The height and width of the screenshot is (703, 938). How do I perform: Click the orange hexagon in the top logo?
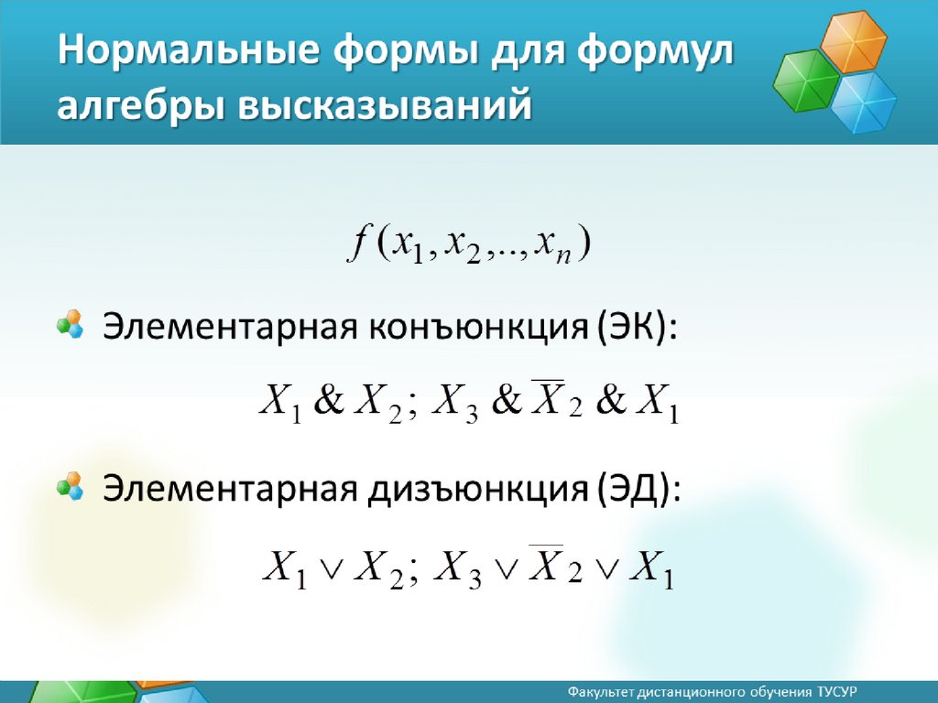(x=853, y=41)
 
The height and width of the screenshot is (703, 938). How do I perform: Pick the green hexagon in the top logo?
(x=806, y=81)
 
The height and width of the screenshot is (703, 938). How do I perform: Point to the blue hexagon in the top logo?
(x=863, y=102)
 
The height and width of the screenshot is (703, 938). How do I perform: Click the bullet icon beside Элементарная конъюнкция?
(x=70, y=324)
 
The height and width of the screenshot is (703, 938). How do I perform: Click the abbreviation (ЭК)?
(x=636, y=327)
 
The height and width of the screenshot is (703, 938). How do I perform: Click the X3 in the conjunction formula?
(x=454, y=403)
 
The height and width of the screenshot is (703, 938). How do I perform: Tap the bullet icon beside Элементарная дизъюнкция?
(x=70, y=486)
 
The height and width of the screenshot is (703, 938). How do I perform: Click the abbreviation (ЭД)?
(x=638, y=489)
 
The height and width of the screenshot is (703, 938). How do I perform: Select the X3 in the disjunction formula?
(x=458, y=568)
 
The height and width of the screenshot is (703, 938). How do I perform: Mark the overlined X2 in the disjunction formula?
(x=555, y=564)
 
